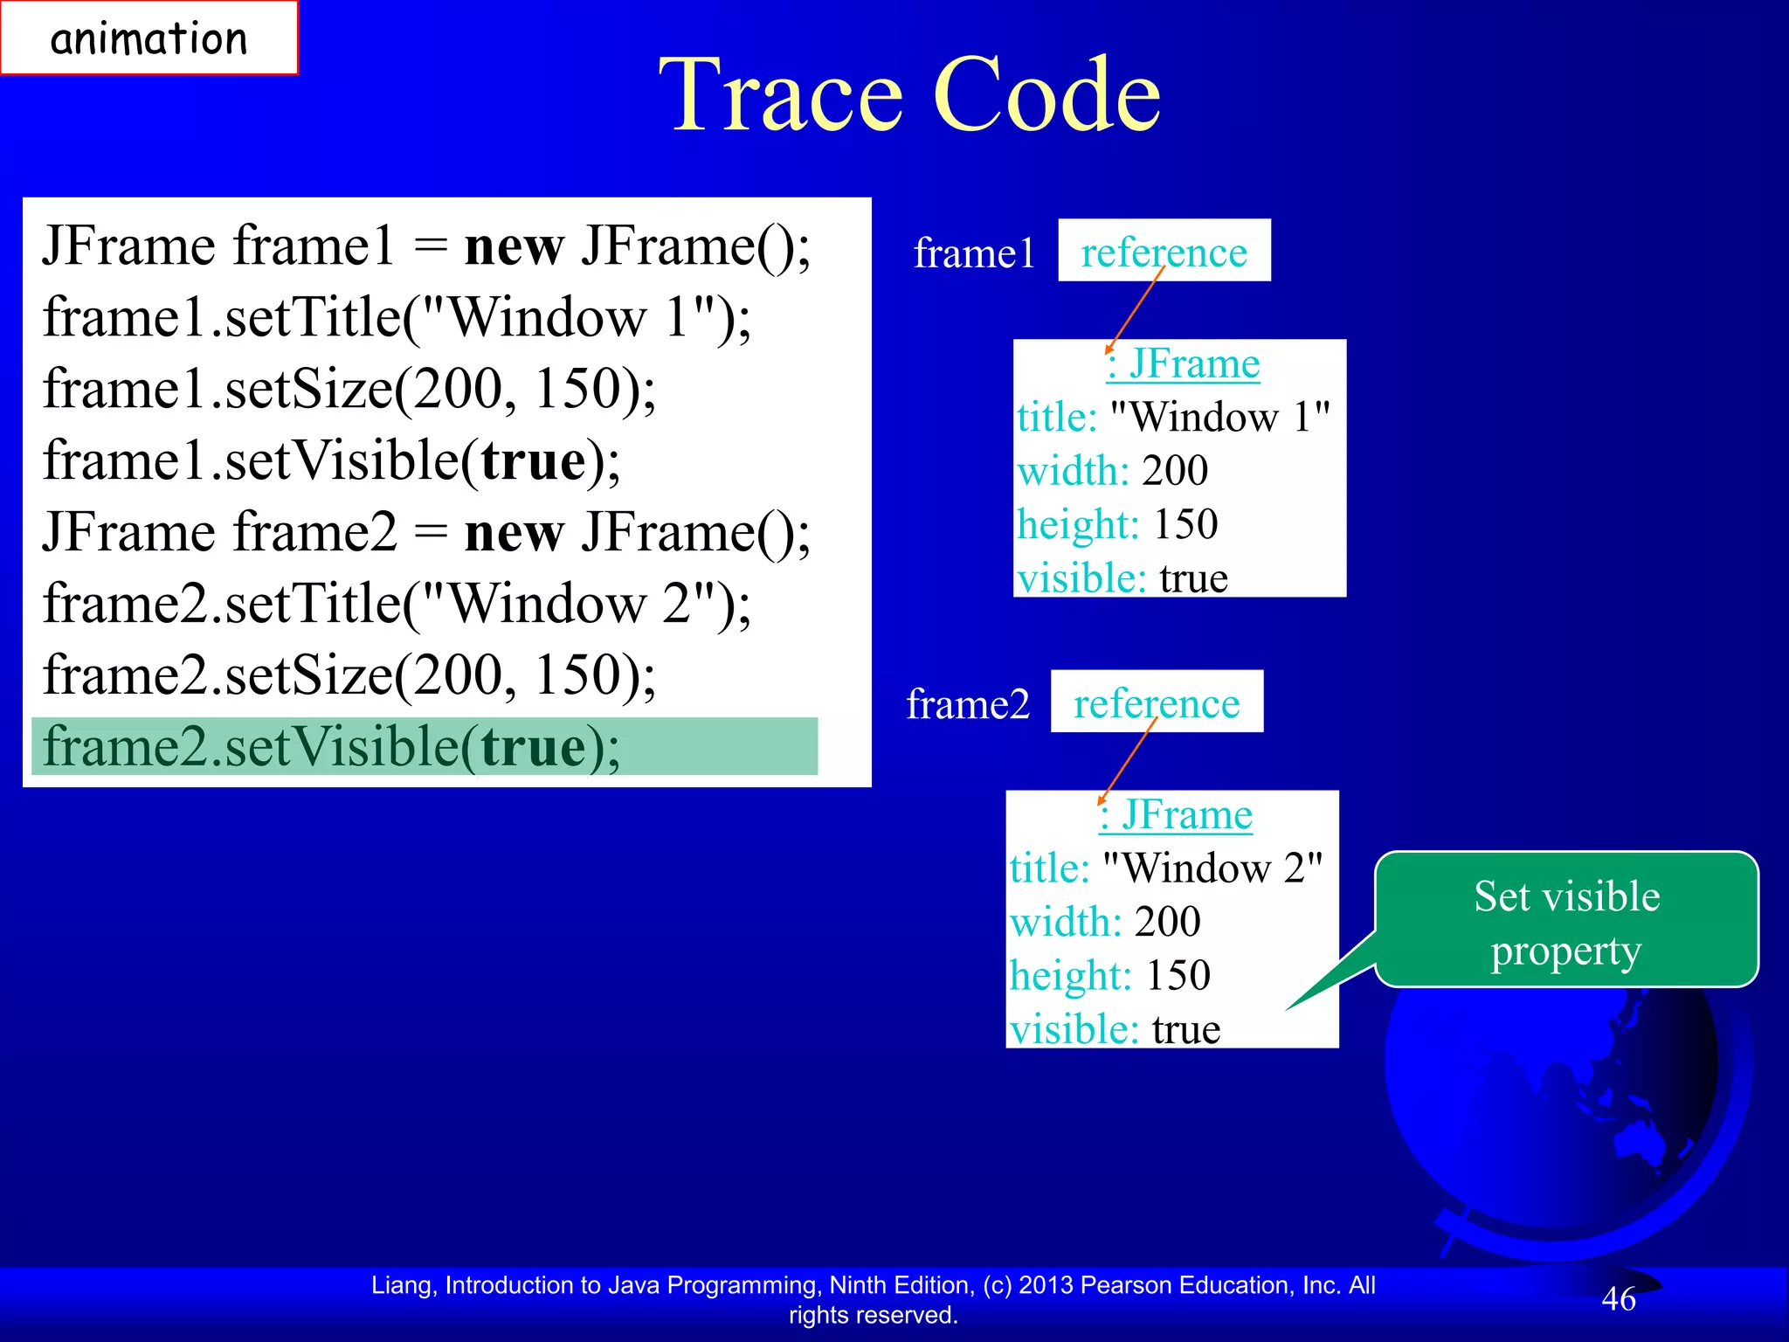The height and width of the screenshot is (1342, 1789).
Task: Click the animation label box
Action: [x=149, y=38]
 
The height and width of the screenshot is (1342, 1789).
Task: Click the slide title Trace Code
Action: [x=908, y=94]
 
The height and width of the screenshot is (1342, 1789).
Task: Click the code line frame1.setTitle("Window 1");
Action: [x=397, y=317]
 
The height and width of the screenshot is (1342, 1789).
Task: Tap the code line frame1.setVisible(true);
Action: [x=332, y=460]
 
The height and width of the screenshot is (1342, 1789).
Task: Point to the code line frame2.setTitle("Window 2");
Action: [x=397, y=604]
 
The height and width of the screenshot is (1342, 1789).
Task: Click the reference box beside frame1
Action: [x=1164, y=252]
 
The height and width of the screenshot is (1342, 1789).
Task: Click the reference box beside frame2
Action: [x=1157, y=702]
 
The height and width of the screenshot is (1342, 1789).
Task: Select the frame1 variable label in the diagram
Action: [x=974, y=253]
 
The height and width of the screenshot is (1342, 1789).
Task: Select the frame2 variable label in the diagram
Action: [x=968, y=704]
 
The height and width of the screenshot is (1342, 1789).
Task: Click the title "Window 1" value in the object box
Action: [x=1219, y=417]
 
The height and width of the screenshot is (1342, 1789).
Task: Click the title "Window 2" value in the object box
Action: [x=1212, y=868]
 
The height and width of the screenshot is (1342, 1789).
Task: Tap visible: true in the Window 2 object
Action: [x=1115, y=1029]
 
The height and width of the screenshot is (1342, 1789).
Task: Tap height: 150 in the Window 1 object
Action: [x=1117, y=524]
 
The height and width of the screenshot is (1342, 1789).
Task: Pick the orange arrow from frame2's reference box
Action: [x=1128, y=762]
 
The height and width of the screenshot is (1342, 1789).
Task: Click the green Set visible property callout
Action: [x=1566, y=921]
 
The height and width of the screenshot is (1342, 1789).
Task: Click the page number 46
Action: [x=1618, y=1299]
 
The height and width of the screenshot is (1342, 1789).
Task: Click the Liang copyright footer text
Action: [x=874, y=1299]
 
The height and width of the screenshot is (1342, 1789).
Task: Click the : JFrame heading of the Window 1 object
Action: [x=1183, y=363]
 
